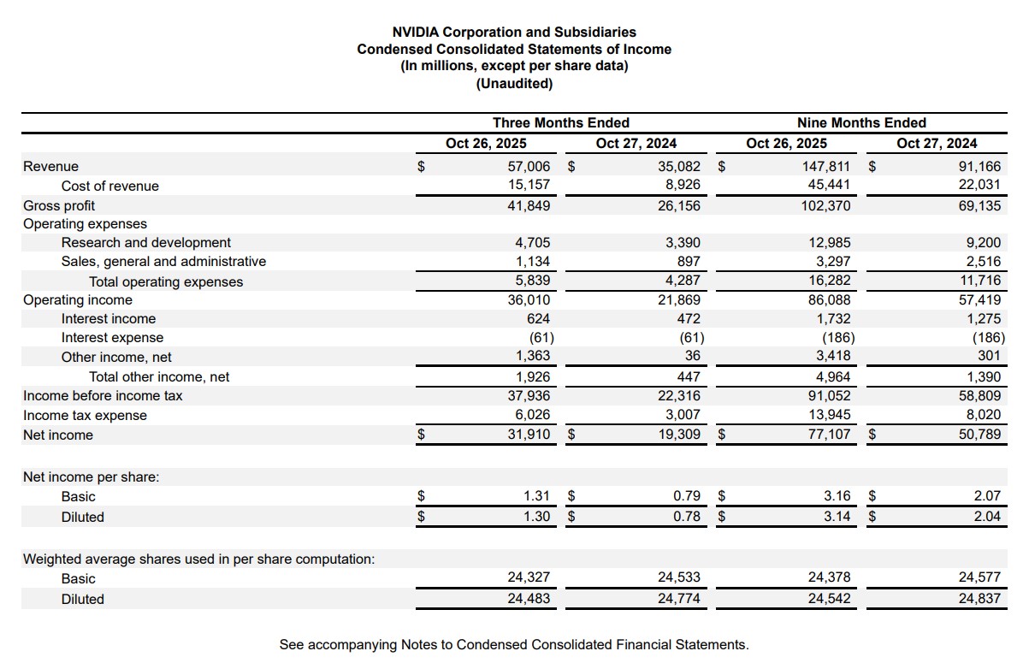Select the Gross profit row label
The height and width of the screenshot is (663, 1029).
[x=59, y=205]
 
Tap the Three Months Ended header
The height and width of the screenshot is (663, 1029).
[x=560, y=122]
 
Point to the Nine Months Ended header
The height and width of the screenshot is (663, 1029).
[x=861, y=122]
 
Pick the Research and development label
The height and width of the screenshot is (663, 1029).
[x=145, y=243]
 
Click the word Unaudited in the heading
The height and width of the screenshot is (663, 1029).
[x=514, y=84]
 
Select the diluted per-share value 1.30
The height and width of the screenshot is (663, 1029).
[x=536, y=517]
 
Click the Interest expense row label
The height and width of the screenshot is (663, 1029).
[x=112, y=338]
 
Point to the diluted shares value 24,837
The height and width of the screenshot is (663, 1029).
[x=979, y=599]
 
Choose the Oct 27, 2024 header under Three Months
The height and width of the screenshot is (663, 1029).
[x=636, y=143]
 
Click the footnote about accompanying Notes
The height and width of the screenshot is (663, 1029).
[x=513, y=644]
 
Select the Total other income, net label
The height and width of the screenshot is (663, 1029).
[x=159, y=377]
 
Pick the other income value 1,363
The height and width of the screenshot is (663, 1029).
[x=533, y=357]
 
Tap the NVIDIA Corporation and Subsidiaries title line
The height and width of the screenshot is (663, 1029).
[x=514, y=33]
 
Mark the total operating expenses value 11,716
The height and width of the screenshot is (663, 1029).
[x=979, y=281]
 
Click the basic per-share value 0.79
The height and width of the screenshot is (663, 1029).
[x=686, y=496]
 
